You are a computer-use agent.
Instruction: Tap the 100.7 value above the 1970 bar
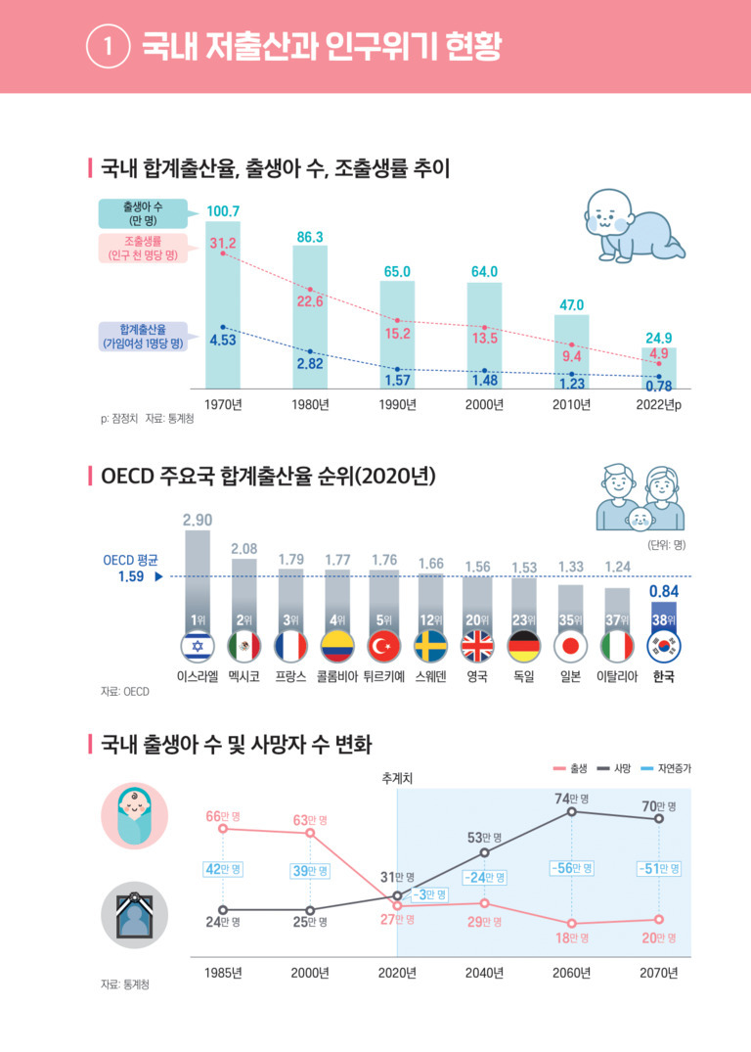pyautogui.click(x=223, y=211)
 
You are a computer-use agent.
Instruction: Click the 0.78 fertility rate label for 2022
pyautogui.click(x=658, y=387)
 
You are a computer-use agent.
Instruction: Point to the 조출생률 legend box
pyautogui.click(x=149, y=249)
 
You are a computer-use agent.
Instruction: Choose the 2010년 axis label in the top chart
pyautogui.click(x=572, y=405)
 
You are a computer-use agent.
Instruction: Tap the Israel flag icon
pyautogui.click(x=198, y=647)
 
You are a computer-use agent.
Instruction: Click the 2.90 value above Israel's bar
pyautogui.click(x=198, y=519)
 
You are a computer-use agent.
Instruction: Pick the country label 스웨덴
pyautogui.click(x=430, y=676)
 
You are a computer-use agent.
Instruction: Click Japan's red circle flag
pyautogui.click(x=572, y=647)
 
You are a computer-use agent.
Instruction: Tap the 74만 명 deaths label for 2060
pyautogui.click(x=572, y=799)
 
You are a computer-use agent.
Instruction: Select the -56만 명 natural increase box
pyautogui.click(x=572, y=868)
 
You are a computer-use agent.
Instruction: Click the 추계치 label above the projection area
pyautogui.click(x=398, y=779)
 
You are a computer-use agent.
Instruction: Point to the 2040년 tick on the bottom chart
pyautogui.click(x=484, y=973)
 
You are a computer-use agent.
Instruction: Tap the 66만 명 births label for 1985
pyautogui.click(x=225, y=816)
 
